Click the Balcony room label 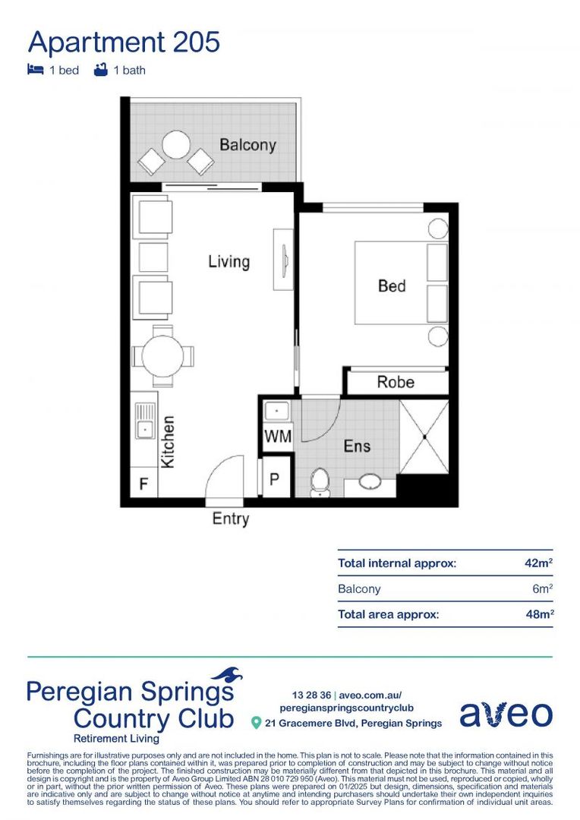[247, 144]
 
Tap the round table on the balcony [176, 144]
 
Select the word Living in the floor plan [229, 262]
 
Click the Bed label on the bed [392, 285]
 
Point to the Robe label [396, 382]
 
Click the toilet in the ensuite [320, 482]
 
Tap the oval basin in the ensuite [371, 483]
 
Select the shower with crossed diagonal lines [424, 437]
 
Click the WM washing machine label [277, 437]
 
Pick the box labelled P [276, 481]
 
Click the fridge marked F [143, 483]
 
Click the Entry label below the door [230, 519]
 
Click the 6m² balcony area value [541, 588]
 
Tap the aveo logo [506, 714]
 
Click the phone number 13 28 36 [311, 695]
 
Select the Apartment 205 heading [124, 42]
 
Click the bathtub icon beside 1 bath [99, 70]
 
